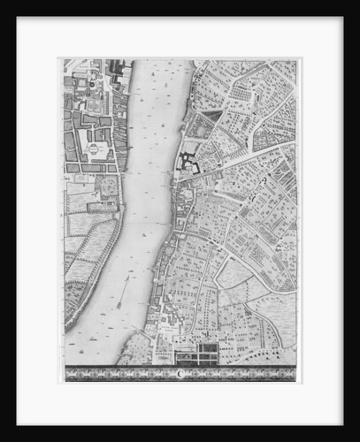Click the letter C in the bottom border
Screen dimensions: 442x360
click(182, 374)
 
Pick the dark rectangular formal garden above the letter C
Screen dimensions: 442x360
click(196, 355)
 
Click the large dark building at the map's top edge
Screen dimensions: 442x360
click(116, 66)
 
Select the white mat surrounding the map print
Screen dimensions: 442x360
click(40, 221)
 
